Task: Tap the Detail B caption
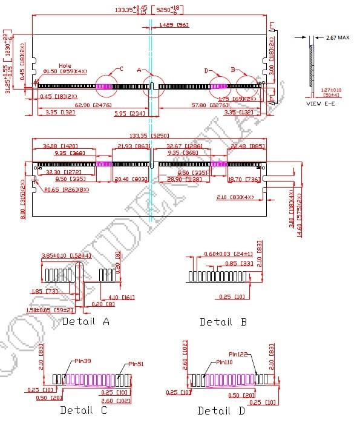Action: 223,322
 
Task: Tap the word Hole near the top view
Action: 65,65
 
